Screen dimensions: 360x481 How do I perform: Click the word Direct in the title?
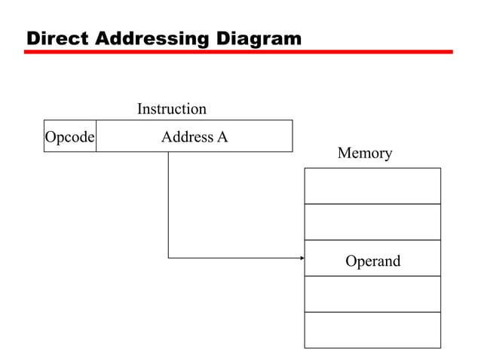57,38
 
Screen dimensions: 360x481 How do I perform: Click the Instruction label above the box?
171,109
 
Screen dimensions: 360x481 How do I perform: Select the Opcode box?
69,136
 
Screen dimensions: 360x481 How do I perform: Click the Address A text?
194,137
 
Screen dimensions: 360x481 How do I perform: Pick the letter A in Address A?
222,137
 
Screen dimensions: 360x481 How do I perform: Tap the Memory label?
365,154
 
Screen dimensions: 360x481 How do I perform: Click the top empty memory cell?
372,185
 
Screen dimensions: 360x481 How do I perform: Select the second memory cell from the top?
372,221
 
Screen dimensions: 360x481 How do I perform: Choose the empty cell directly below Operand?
372,294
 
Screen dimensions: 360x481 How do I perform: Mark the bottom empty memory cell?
372,330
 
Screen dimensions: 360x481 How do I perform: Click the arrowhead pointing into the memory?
302,258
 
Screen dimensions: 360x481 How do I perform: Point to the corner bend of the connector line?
168,258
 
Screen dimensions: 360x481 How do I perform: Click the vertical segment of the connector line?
168,203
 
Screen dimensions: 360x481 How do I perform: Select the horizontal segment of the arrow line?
234,258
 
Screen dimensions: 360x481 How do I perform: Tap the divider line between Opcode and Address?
97,136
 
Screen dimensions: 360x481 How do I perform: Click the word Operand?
372,261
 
